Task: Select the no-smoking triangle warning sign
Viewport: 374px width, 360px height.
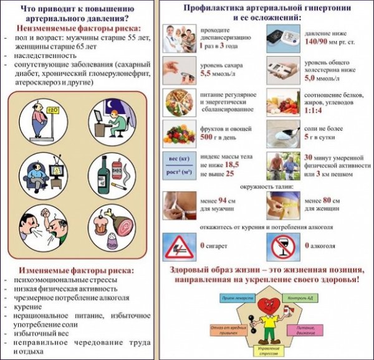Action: tap(180, 247)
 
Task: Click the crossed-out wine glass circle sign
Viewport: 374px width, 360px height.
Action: tap(287, 247)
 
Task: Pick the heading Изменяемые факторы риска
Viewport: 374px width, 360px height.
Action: tap(75, 271)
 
